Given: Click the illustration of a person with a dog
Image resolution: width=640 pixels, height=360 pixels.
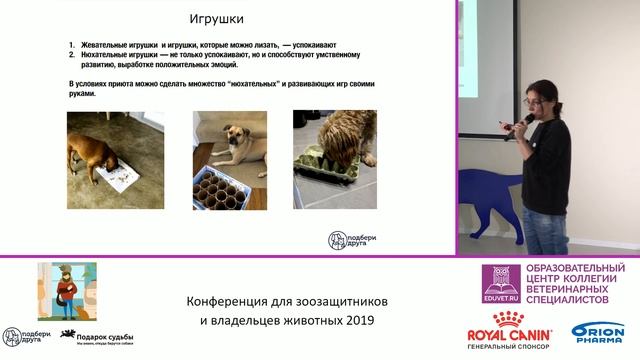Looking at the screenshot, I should [67, 291].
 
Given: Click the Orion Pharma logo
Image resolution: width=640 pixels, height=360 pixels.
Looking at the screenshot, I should [597, 336].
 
